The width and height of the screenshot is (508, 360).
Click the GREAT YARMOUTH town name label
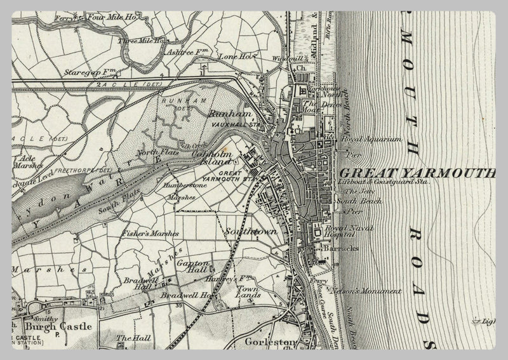417,173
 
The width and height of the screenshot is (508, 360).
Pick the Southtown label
251,232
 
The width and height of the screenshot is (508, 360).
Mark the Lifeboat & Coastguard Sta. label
384,182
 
